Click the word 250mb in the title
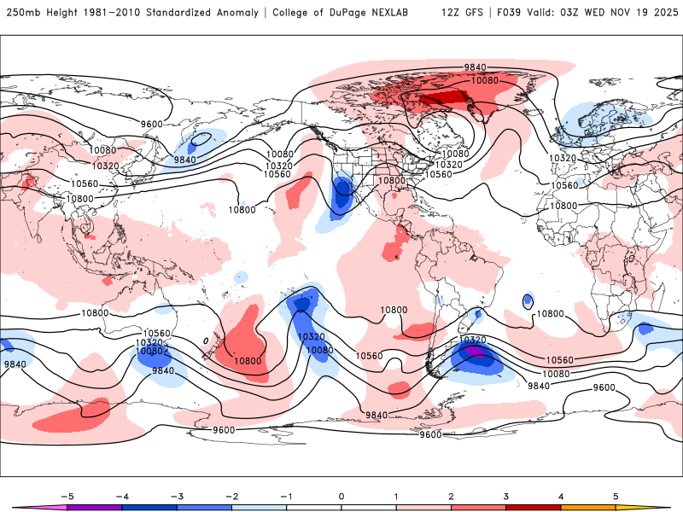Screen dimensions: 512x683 tap(24, 13)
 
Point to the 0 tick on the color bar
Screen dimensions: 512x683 tap(341, 495)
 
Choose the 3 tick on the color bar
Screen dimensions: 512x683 tap(506, 495)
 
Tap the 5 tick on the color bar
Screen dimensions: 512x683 tap(616, 495)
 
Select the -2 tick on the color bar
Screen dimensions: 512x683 tap(231, 495)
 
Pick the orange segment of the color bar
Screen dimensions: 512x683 tap(588, 507)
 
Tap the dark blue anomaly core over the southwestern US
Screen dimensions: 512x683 tap(343, 189)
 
